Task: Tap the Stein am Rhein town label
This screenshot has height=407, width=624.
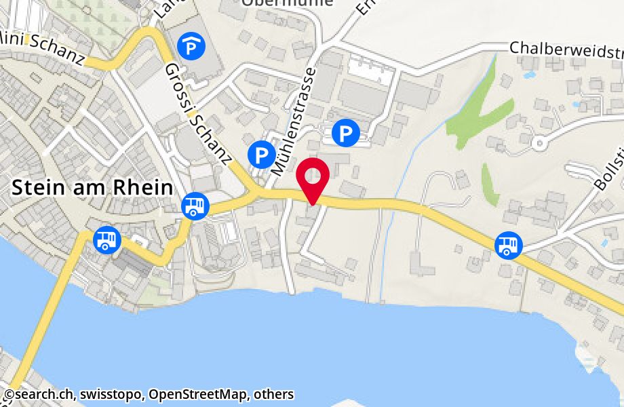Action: pyautogui.click(x=92, y=188)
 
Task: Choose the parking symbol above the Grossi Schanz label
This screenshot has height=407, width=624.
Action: pyautogui.click(x=190, y=46)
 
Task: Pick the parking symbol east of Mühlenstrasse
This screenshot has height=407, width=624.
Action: pyautogui.click(x=347, y=132)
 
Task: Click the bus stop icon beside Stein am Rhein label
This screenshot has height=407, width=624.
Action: pyautogui.click(x=195, y=206)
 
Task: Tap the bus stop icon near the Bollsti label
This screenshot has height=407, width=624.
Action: pyautogui.click(x=507, y=245)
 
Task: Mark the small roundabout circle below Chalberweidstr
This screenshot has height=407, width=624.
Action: pyautogui.click(x=539, y=143)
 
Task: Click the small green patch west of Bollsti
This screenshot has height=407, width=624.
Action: pyautogui.click(x=490, y=184)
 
